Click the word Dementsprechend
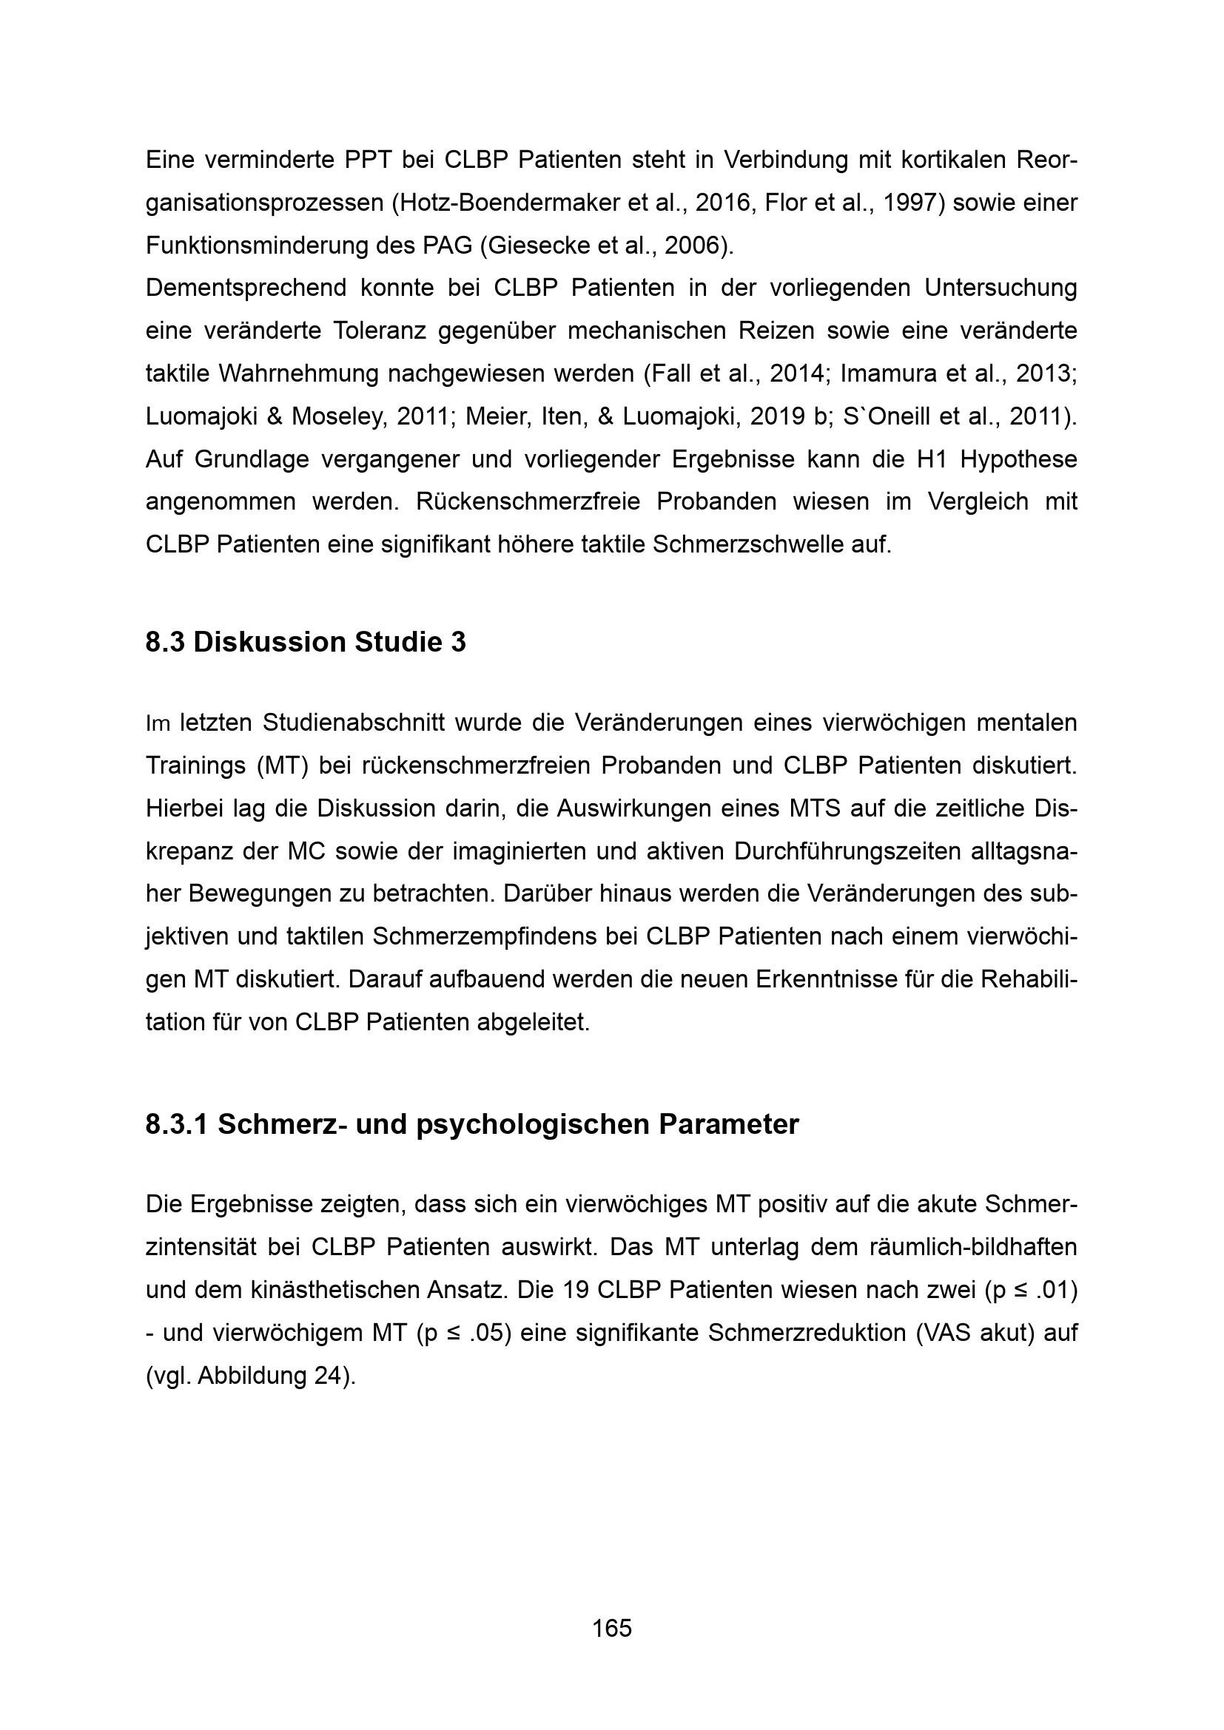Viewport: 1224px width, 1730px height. pos(246,288)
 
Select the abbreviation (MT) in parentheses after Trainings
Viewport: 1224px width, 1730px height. pos(283,766)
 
